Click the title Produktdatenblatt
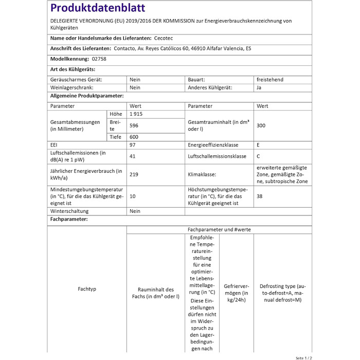(98, 8)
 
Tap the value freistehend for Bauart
(269, 80)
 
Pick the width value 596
(134, 125)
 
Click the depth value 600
(134, 137)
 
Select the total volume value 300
(261, 125)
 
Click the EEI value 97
(133, 145)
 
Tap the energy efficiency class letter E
(258, 145)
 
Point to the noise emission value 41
(133, 156)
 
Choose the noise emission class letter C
(258, 156)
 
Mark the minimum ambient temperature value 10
(133, 196)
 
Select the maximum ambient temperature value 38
(260, 196)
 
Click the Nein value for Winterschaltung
(135, 211)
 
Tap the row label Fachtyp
(87, 289)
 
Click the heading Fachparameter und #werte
(219, 229)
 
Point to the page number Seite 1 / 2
(303, 357)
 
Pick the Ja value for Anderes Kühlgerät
(259, 87)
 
